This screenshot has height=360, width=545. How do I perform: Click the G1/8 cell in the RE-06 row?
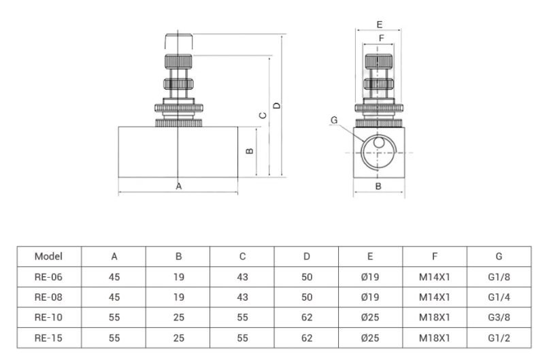499,277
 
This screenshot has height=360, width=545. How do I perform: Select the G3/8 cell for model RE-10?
499,318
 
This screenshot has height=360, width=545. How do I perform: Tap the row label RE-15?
48,338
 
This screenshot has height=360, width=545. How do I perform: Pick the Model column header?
48,257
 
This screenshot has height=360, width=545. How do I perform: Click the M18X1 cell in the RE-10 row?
435,318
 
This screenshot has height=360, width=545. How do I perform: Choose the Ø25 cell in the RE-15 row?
370,338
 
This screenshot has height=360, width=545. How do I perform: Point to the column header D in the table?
306,257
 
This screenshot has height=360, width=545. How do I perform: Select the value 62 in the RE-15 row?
306,338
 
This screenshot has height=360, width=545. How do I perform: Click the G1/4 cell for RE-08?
499,297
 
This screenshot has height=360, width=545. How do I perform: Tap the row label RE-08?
48,297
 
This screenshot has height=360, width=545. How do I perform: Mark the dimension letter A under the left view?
179,186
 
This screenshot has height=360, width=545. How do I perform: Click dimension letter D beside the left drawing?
276,105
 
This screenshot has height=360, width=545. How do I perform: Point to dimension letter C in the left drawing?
263,116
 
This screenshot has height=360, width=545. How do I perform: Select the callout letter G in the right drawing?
334,120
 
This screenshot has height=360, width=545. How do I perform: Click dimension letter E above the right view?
379,24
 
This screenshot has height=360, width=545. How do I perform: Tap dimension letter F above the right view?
380,37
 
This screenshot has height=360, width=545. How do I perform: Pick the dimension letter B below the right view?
378,186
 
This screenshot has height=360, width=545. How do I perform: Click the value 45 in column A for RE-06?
114,277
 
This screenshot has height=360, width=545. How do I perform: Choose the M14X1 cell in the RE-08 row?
435,297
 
